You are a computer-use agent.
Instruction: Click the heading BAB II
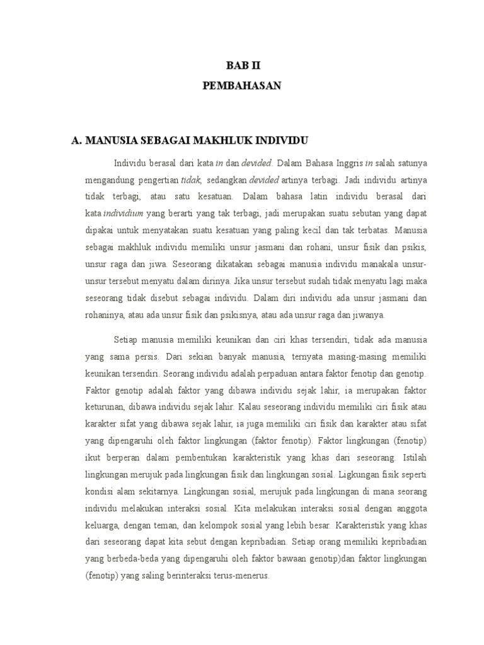[242, 64]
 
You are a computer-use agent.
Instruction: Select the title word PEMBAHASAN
[242, 87]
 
